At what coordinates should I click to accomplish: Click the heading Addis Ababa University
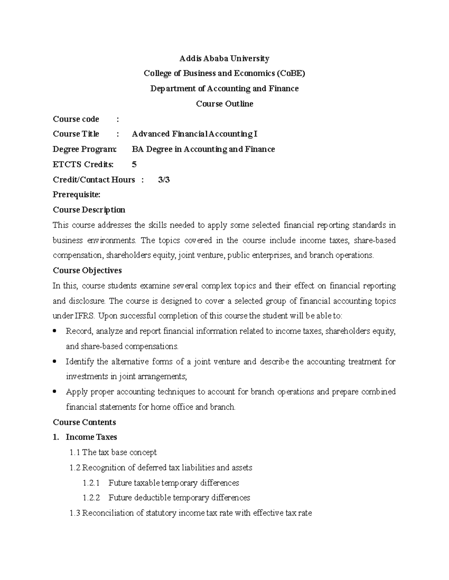click(x=224, y=58)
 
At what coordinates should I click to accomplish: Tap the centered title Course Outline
click(x=224, y=104)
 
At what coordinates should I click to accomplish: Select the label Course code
click(x=76, y=119)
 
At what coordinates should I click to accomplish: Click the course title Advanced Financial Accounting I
click(x=195, y=134)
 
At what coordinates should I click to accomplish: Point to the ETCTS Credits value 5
click(x=134, y=164)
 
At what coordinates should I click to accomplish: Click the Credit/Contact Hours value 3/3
click(x=164, y=180)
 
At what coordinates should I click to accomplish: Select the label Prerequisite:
click(x=77, y=195)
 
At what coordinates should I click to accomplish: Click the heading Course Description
click(x=89, y=210)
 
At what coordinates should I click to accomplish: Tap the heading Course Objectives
click(x=87, y=270)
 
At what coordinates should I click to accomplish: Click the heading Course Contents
click(x=84, y=422)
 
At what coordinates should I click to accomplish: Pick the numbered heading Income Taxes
click(x=91, y=437)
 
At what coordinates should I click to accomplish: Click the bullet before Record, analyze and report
click(x=55, y=331)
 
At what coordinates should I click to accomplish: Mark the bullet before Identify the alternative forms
click(x=55, y=361)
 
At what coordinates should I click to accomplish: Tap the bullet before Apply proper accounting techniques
click(x=55, y=391)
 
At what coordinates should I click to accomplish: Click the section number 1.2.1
click(x=91, y=483)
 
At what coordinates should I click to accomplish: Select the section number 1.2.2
click(x=91, y=498)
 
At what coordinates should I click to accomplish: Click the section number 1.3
click(x=75, y=513)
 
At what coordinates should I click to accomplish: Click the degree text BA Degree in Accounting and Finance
click(x=203, y=149)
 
